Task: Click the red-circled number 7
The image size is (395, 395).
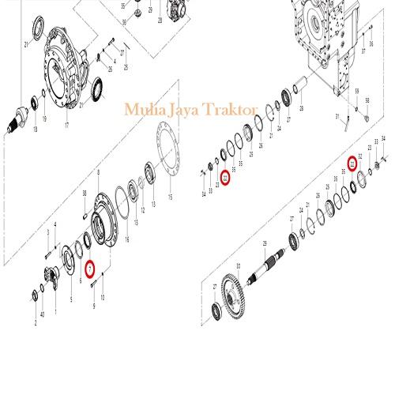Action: click(x=91, y=268)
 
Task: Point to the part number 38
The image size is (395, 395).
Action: click(x=85, y=194)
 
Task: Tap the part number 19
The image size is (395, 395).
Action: click(x=44, y=119)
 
